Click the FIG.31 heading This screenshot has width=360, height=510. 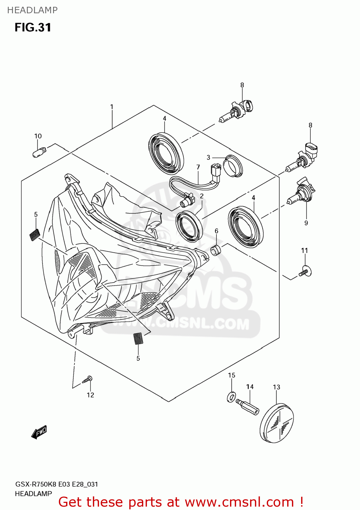pyautogui.click(x=33, y=27)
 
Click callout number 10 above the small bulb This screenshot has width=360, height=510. pyautogui.click(x=38, y=136)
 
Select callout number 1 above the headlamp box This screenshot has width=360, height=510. pyautogui.click(x=112, y=107)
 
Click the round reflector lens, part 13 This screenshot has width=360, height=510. pyautogui.click(x=276, y=423)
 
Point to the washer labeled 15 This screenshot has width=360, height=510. pyautogui.click(x=231, y=397)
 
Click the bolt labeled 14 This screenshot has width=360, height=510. pyautogui.click(x=248, y=406)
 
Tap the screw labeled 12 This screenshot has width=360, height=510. pyautogui.click(x=87, y=379)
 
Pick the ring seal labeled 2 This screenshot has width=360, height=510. pyautogui.click(x=189, y=226)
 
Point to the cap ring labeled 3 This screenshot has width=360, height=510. pyautogui.click(x=233, y=167)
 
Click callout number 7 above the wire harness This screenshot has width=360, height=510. pyautogui.click(x=198, y=167)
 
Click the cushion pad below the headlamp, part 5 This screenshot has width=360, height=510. pyautogui.click(x=138, y=338)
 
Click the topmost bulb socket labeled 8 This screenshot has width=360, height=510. pyautogui.click(x=238, y=111)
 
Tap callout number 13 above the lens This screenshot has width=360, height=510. pyautogui.click(x=276, y=387)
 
